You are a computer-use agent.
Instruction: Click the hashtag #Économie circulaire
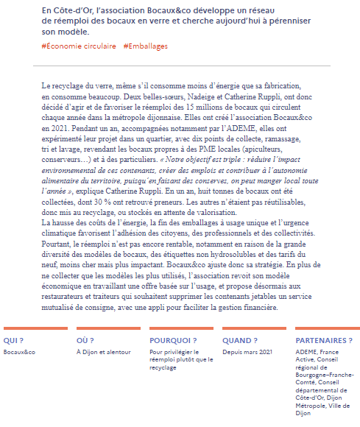pyautogui.click(x=79, y=46)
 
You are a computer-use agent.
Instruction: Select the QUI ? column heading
pyautogui.click(x=13, y=341)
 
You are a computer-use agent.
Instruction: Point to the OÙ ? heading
pyautogui.click(x=85, y=341)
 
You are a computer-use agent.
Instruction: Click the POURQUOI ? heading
pyautogui.click(x=172, y=341)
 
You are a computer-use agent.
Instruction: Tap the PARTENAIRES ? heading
pyautogui.click(x=323, y=341)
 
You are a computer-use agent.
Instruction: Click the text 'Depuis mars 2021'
pyautogui.click(x=247, y=353)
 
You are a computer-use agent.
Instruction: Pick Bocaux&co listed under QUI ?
pyautogui.click(x=19, y=353)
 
